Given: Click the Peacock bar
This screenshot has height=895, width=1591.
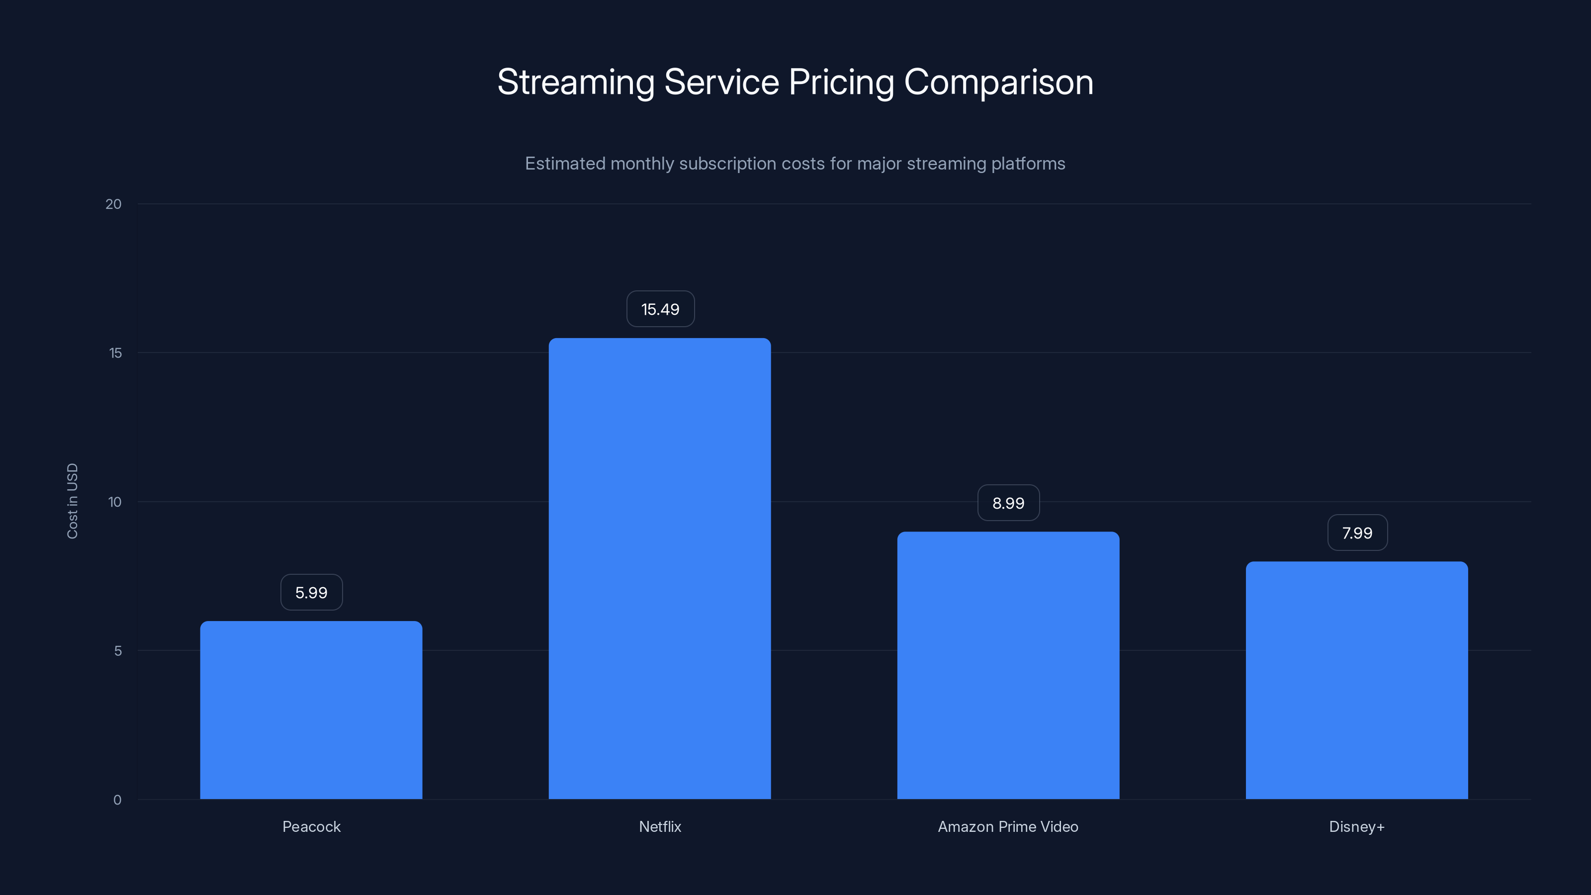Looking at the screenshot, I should point(311,711).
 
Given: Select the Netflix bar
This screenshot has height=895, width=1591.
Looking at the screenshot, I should point(660,568).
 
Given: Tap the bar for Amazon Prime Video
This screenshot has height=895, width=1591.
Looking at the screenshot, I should point(1008,665).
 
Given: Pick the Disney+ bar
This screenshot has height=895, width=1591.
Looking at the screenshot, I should point(1356,680).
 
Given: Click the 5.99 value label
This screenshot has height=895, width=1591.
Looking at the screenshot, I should point(311,592).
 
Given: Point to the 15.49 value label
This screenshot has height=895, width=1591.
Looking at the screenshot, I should point(660,309).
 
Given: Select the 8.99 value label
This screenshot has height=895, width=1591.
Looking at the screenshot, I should point(1008,503).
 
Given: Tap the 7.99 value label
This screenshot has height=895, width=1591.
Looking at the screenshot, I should point(1357,533).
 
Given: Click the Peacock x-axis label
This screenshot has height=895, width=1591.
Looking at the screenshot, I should point(311,826).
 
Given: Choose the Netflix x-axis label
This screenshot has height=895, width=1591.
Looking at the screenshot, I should point(660,826).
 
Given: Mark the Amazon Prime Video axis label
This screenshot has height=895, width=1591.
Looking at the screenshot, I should point(1008,826).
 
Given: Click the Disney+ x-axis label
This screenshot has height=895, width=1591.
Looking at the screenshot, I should point(1356,826).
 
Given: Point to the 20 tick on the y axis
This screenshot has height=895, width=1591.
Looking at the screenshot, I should point(114,204).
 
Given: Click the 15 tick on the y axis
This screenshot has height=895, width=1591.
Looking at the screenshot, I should point(115,353).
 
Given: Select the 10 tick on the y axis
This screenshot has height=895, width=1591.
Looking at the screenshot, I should point(114,502).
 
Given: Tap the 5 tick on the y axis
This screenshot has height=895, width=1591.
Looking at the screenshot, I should point(117,650).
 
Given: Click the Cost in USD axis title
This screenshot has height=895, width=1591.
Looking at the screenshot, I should point(72,501).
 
